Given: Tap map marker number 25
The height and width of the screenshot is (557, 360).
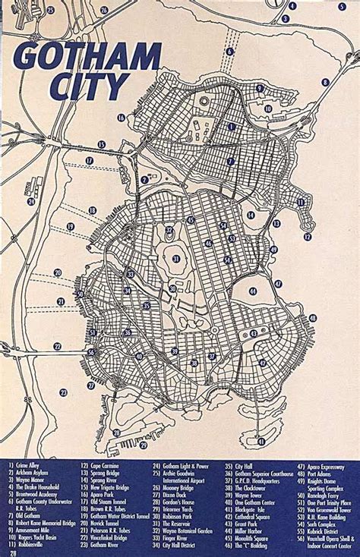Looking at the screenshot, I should (51, 11).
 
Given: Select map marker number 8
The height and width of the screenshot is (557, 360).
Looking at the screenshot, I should (324, 83).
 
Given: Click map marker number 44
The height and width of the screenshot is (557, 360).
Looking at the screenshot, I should (253, 290).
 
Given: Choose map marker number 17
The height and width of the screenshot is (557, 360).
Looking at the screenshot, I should (90, 161).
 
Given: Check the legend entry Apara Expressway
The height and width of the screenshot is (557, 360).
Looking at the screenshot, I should (327, 464).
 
